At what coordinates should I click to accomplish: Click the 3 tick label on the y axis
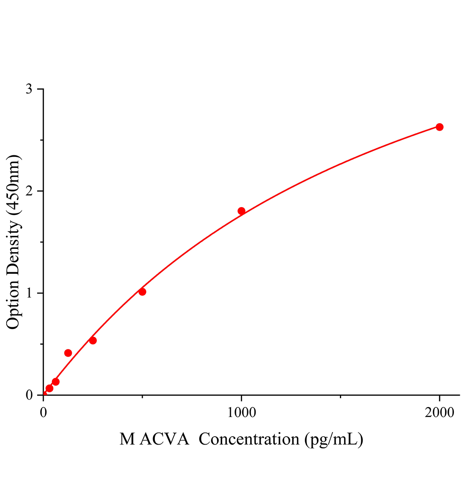point(29,89)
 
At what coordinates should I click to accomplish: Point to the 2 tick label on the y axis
point(29,191)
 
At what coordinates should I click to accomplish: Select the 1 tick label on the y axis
point(29,293)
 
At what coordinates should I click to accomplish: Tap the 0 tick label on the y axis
point(29,395)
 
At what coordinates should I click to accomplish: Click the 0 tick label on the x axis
point(43,412)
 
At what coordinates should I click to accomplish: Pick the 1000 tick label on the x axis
point(241,412)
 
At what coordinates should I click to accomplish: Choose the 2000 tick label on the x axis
point(439,412)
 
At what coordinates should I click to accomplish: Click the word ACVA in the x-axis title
point(164,439)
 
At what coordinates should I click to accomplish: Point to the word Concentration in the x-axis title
point(249,439)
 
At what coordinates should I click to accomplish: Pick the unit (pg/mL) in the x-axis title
point(334,439)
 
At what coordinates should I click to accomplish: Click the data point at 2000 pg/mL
point(439,127)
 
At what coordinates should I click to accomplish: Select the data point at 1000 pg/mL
point(241,211)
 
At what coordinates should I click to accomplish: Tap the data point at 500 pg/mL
point(142,292)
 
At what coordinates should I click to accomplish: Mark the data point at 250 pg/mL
point(93,341)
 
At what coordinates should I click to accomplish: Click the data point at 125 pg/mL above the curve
point(68,353)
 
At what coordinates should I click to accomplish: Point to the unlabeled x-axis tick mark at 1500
point(340,397)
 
